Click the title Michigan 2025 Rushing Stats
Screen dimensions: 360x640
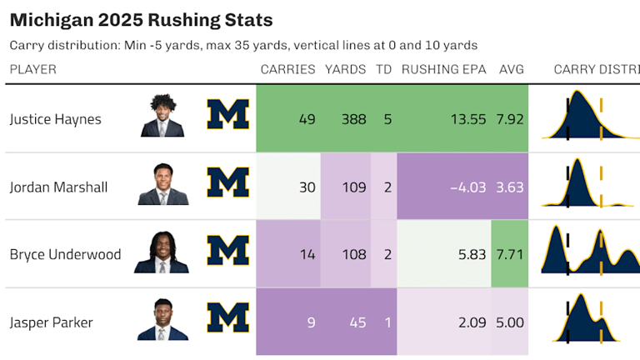coord(141,19)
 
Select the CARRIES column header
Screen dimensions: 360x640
coord(287,69)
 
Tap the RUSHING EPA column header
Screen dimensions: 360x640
coord(444,69)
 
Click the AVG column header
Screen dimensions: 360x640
coord(511,69)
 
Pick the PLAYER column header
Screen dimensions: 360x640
coord(32,69)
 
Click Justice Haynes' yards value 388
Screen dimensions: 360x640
coord(353,119)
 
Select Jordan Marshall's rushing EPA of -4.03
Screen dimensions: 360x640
coord(467,187)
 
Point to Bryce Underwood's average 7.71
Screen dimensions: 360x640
coord(510,254)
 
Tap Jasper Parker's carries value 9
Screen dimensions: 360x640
coord(310,322)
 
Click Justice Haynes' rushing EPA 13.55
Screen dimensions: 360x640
coord(467,119)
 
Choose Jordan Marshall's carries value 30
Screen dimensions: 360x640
coord(307,187)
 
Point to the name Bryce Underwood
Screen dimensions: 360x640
coord(65,254)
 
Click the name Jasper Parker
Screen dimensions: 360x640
coord(51,322)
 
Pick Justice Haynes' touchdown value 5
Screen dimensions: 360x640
coord(387,119)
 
